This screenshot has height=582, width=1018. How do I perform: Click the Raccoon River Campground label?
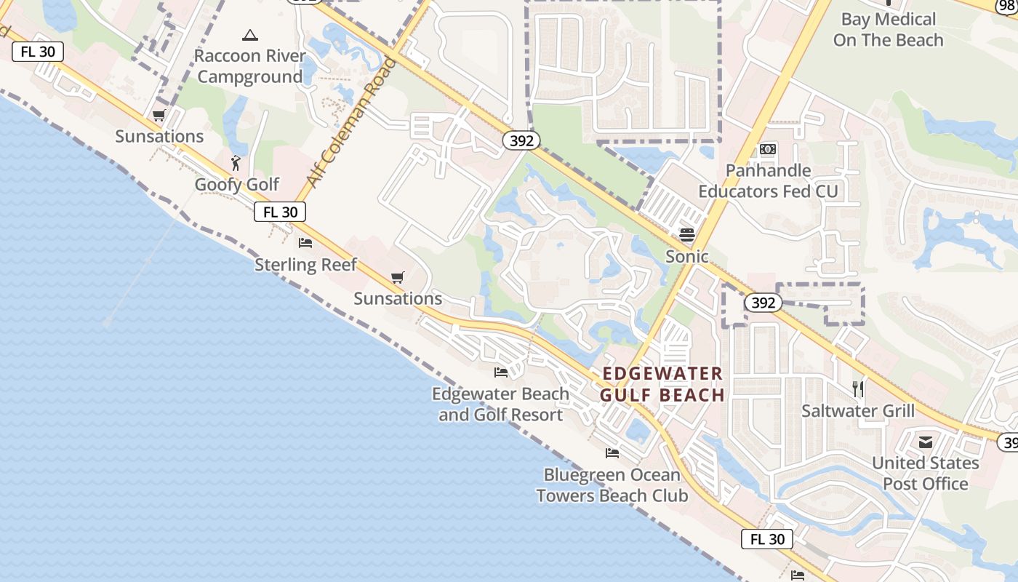coord(249,66)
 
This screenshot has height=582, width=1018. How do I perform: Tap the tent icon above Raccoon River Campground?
coord(250,35)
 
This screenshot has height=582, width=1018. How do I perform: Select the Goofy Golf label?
coord(236,184)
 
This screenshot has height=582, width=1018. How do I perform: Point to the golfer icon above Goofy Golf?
coord(235,163)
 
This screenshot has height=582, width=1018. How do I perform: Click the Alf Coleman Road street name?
coord(352,122)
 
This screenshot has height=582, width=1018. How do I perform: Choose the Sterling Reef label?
coord(305,264)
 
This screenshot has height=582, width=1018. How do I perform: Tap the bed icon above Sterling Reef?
coord(305,242)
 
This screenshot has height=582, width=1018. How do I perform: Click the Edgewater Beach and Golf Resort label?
coord(500,404)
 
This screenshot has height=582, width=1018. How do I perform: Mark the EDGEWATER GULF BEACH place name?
coord(662,384)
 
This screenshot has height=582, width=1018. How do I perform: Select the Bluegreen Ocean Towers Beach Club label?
coord(612,485)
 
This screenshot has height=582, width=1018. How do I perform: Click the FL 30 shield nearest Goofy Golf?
coord(280,212)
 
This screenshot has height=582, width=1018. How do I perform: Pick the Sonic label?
coord(687,256)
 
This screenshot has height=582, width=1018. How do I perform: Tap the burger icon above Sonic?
coord(687,235)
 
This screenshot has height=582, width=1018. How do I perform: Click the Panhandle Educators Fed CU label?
coord(768,181)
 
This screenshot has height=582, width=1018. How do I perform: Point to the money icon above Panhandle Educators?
coord(768,149)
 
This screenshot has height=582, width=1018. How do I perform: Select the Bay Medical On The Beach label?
coord(889,30)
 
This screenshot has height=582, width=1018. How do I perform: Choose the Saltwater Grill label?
coord(858,410)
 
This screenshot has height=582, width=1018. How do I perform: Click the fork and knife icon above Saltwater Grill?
coord(858,389)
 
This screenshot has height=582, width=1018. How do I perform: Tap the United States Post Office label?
coord(925,473)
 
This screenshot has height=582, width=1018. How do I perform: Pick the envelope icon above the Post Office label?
coord(926,442)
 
